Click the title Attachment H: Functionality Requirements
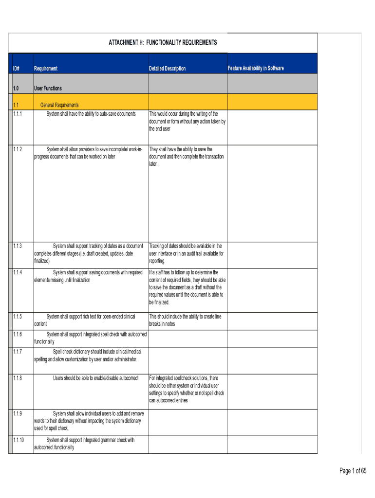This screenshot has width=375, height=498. [162, 43]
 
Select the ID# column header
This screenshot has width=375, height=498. [16, 69]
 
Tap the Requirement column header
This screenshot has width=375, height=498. [46, 69]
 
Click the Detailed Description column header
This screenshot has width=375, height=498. [167, 69]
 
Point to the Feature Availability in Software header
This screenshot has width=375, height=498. [256, 68]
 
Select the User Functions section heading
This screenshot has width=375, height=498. [48, 89]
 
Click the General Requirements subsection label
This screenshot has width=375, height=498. [59, 105]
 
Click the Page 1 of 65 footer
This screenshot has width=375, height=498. [353, 470]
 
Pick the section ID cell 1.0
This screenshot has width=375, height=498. [16, 89]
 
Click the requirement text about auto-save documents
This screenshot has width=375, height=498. [91, 114]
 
